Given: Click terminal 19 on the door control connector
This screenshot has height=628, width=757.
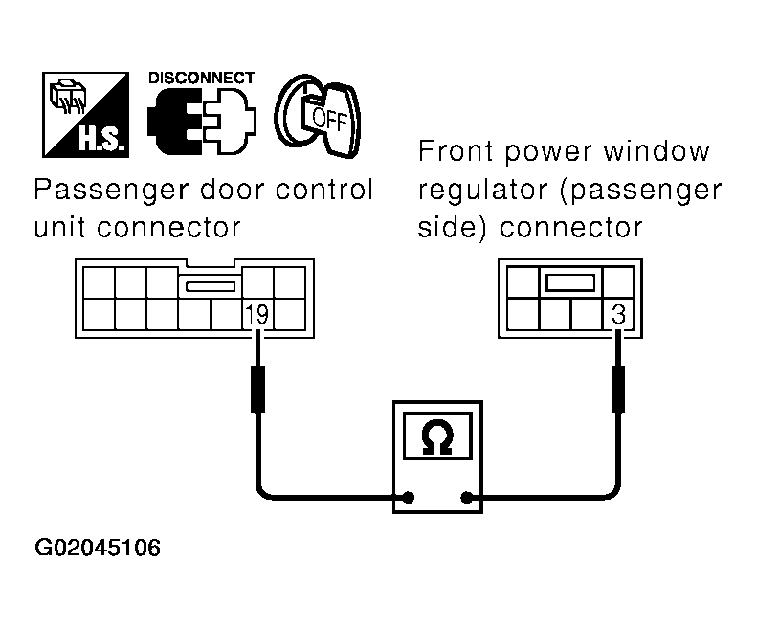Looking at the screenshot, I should pyautogui.click(x=256, y=314).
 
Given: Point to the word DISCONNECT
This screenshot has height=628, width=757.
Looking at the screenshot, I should pyautogui.click(x=201, y=78).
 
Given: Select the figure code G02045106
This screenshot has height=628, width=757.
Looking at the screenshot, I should pyautogui.click(x=98, y=549).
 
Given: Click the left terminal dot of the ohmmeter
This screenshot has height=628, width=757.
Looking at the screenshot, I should pyautogui.click(x=409, y=498).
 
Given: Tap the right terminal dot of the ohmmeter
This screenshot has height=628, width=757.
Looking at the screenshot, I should pyautogui.click(x=466, y=498).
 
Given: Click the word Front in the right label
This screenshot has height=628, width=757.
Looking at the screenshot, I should pyautogui.click(x=451, y=152).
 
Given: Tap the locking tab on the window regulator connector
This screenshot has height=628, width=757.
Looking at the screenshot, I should pyautogui.click(x=571, y=282).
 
